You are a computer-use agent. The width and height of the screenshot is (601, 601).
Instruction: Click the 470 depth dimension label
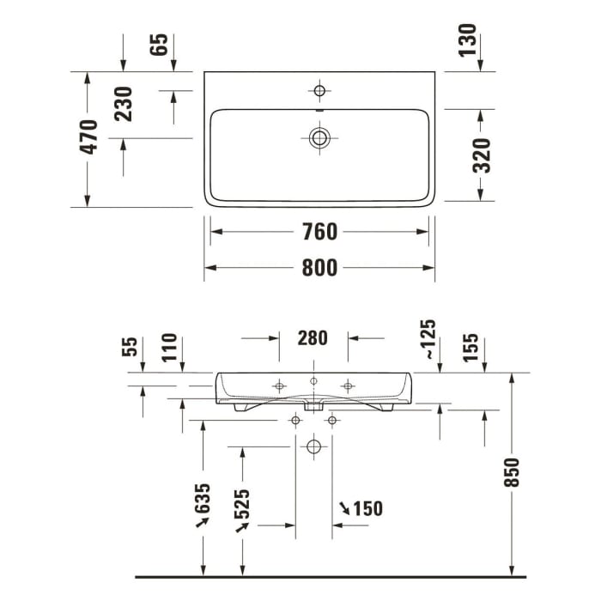[x=89, y=137]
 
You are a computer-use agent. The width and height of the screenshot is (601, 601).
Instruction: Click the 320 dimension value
[x=483, y=155]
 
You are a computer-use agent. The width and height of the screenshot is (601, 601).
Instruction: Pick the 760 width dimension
[x=319, y=232]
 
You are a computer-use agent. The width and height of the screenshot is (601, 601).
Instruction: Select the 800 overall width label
[x=319, y=268]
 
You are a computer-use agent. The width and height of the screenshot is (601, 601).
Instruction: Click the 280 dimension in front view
[x=313, y=338]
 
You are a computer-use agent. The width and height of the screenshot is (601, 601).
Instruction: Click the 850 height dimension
[x=513, y=473]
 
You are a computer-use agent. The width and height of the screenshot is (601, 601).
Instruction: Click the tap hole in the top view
[x=320, y=91]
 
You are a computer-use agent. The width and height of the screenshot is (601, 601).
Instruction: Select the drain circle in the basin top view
[x=320, y=137]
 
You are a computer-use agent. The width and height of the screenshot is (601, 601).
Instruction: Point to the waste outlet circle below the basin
[x=313, y=446]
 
